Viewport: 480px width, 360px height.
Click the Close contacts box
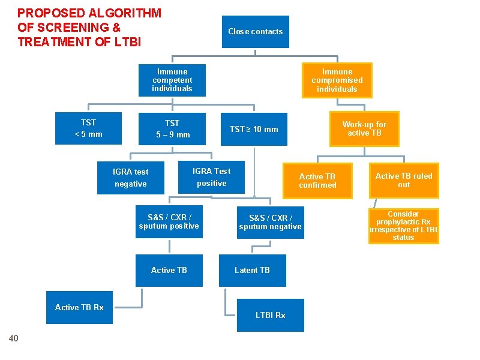[x=255, y=32]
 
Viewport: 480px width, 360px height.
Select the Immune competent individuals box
[x=172, y=80]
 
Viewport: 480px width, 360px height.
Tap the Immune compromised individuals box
[x=337, y=80]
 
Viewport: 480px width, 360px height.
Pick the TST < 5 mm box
[x=88, y=128]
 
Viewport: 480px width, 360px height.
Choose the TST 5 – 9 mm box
[x=172, y=128]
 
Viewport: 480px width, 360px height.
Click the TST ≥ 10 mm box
[x=254, y=129]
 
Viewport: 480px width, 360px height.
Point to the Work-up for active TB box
[x=364, y=129]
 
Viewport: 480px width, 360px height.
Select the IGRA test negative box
[x=130, y=178]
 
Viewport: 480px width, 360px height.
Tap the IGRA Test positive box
[x=211, y=177]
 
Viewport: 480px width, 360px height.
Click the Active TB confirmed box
[x=317, y=181]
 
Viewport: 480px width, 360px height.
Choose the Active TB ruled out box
[x=404, y=180]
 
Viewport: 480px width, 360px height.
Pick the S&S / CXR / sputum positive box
[x=169, y=222]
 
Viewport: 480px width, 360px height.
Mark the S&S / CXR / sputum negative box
[x=270, y=222]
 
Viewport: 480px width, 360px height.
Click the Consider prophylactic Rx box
[x=404, y=226]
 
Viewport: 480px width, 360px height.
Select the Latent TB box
[x=252, y=270]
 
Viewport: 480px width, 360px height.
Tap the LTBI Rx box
[x=270, y=315]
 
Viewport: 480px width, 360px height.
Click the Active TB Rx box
[x=79, y=307]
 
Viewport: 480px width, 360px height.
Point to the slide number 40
[x=14, y=338]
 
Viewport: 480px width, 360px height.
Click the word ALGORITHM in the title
[x=123, y=13]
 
